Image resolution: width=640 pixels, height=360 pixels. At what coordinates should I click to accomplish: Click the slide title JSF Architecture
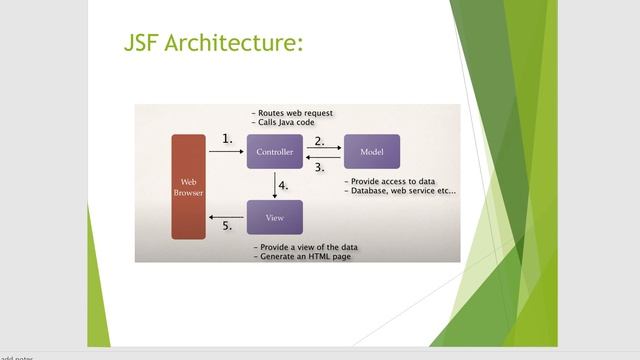212,44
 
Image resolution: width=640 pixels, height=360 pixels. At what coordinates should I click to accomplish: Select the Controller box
274,152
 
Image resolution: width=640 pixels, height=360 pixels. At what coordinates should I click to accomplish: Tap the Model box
371,152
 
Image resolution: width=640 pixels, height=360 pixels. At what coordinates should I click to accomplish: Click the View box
274,217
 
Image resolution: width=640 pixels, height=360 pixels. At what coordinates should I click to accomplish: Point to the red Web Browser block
188,186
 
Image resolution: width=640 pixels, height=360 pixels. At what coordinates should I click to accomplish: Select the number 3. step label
320,168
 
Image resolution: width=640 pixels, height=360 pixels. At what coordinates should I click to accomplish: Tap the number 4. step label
284,186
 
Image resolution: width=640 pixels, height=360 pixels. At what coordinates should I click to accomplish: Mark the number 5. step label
227,227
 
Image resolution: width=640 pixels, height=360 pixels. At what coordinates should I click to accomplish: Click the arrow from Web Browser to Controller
227,152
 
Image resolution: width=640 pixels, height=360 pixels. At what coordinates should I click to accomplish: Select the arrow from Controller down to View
274,185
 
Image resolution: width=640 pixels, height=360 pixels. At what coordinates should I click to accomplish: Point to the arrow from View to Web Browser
227,217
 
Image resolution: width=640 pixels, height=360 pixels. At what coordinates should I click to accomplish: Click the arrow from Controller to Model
323,149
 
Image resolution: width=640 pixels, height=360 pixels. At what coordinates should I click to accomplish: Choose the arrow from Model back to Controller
323,157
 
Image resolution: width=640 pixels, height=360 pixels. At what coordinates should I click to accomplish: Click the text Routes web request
296,114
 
